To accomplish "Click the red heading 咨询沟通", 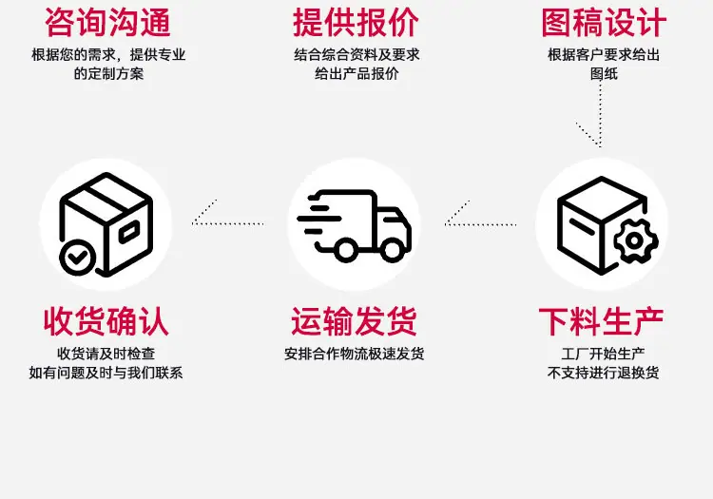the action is pos(107,22).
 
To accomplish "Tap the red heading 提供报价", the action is pos(356,22).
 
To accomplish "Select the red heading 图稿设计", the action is pos(604,22).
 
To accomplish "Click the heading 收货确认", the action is pos(106,321).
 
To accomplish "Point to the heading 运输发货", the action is pos(354,321).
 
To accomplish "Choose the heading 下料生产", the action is pos(601,321).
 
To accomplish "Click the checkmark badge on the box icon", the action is pos(78,258).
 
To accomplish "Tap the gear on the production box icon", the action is pos(635,240).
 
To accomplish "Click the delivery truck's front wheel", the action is pos(393,249).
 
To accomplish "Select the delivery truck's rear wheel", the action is pos(346,249).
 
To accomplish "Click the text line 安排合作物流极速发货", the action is pos(355,354).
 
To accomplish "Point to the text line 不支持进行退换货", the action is pos(603,373).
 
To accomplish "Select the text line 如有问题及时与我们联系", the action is pos(106,373).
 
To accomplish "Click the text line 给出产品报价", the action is pos(356,73).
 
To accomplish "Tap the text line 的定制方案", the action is pos(108,73).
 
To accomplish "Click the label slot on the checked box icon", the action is pos(129,232).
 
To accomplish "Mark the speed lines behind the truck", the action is pos(319,219).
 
